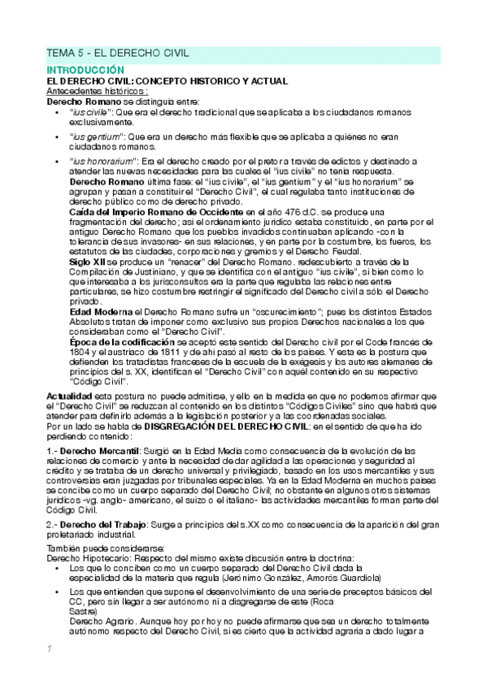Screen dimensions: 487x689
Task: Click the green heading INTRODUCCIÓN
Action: tap(85, 71)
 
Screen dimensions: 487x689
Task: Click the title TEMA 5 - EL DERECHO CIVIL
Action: tap(117, 53)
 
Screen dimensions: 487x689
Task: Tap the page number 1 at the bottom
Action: tap(49, 648)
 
